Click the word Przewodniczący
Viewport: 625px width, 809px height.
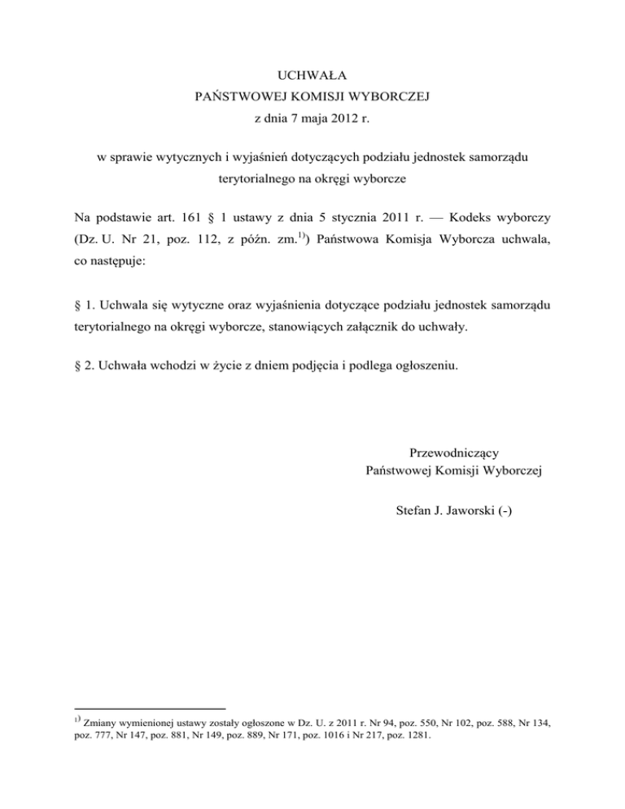(x=456, y=453)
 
